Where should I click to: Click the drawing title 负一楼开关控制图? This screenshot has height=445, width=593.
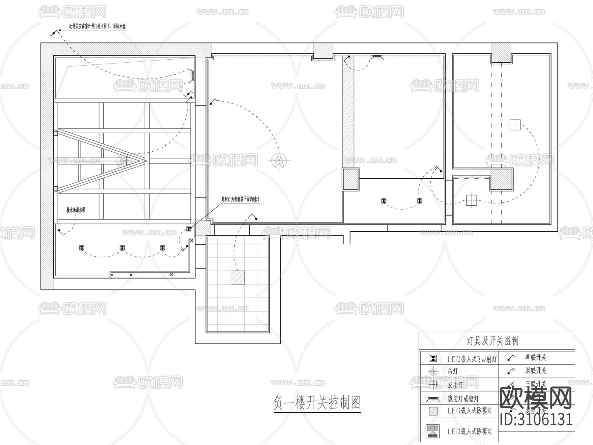point(317,402)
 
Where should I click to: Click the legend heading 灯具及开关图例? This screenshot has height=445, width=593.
point(493,341)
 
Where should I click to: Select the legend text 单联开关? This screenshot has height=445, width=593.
point(536,357)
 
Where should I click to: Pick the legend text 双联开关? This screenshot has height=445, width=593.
point(536,371)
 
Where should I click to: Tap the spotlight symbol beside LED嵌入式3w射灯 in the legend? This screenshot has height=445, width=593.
point(434,359)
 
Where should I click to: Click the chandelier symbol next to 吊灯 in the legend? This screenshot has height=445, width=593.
point(433,371)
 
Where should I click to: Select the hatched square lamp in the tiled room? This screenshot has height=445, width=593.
point(238,278)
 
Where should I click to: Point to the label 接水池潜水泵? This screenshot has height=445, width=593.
point(76,210)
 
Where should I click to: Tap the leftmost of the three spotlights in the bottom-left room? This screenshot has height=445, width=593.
point(82,248)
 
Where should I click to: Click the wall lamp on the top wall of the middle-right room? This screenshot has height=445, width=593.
point(376,57)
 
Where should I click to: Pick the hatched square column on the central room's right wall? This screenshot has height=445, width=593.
point(351,179)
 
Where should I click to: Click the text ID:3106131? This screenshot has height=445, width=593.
point(536,420)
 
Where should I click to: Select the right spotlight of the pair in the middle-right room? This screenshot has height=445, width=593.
point(419,201)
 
